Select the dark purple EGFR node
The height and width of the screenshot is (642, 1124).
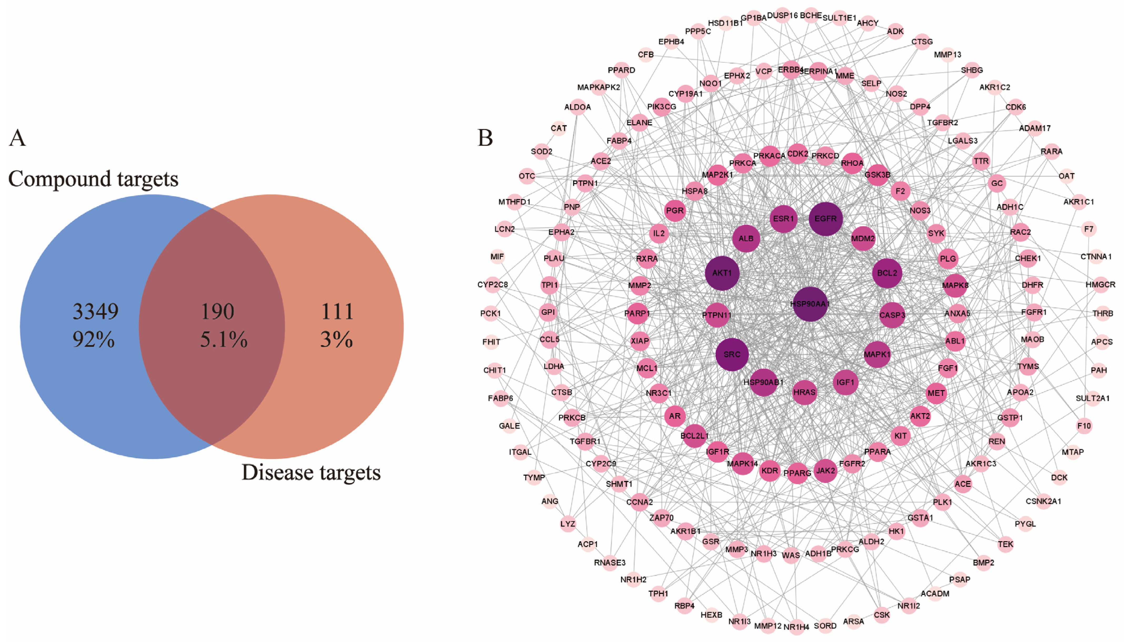tap(825, 219)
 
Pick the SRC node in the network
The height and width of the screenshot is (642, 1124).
tap(732, 354)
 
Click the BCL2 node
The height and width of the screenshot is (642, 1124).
tap(887, 273)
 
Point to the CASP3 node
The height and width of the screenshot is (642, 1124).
tap(892, 315)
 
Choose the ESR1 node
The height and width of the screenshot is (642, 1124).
tap(783, 219)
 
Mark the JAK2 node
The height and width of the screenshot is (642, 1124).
tap(825, 470)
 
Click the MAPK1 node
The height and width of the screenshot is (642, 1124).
tap(877, 354)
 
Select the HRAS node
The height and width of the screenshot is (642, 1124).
tap(804, 392)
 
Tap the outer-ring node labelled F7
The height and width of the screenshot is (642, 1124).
tap(1088, 229)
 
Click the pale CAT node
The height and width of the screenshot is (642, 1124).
tap(558, 128)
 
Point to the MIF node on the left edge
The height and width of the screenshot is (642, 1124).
tap(497, 256)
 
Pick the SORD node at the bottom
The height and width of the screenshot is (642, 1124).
tap(825, 626)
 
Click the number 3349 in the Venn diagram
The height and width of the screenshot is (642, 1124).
tap(95, 311)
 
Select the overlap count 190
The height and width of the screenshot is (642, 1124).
tap(217, 311)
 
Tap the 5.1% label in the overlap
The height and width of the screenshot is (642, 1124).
tap(224, 339)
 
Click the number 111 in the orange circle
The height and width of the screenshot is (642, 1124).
tap(337, 311)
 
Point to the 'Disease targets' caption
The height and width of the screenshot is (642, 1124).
tap(311, 473)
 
